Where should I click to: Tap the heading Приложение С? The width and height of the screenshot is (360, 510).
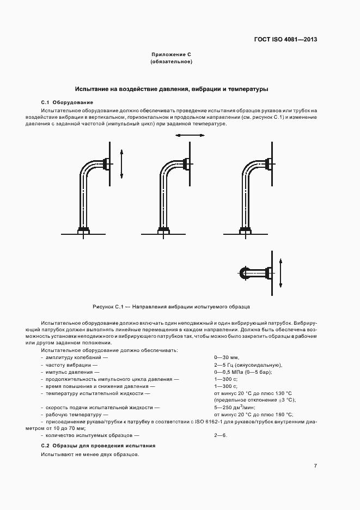pyautogui.click(x=171, y=55)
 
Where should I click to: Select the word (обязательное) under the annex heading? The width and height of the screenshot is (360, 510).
pyautogui.click(x=171, y=62)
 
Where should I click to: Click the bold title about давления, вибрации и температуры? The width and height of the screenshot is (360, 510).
pyautogui.click(x=171, y=88)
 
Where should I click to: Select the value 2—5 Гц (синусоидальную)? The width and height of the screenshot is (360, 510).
pyautogui.click(x=248, y=365)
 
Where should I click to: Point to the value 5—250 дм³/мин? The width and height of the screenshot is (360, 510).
pyautogui.click(x=235, y=407)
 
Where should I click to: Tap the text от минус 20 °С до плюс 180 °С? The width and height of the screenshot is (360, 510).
pyautogui.click(x=254, y=414)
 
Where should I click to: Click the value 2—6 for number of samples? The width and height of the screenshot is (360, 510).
pyautogui.click(x=221, y=435)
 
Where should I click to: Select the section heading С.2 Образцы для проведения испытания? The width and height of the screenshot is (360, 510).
pyautogui.click(x=98, y=445)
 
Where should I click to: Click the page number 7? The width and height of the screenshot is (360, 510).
pyautogui.click(x=315, y=465)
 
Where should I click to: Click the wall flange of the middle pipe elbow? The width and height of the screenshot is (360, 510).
pyautogui.click(x=187, y=163)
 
